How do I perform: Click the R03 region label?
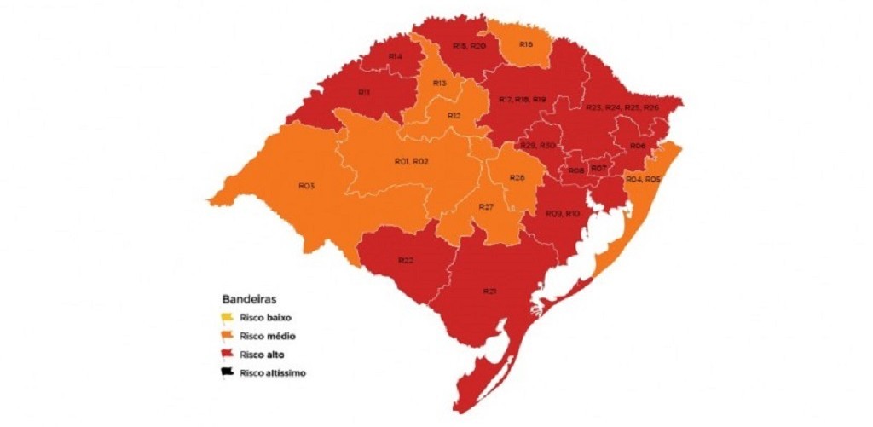[307, 185]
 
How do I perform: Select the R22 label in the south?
[406, 259]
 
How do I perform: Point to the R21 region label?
[489, 291]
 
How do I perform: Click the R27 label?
[486, 207]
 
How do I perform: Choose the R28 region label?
[516, 177]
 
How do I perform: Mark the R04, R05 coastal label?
[643, 179]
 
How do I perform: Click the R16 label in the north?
[525, 44]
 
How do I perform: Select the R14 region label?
[395, 56]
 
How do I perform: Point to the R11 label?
[363, 92]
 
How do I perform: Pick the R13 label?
[440, 83]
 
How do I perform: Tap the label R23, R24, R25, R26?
[622, 107]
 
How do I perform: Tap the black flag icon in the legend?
[228, 372]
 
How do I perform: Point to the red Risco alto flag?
[228, 355]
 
